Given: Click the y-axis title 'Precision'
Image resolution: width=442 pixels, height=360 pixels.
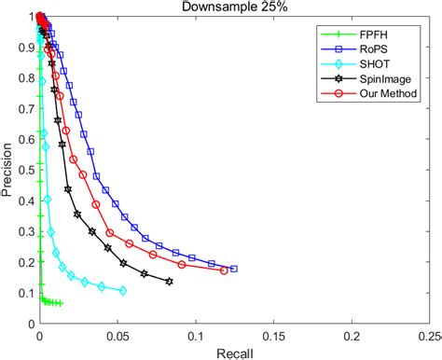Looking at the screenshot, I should tap(8, 170).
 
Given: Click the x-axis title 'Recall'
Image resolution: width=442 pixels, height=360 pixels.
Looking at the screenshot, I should tap(233, 353).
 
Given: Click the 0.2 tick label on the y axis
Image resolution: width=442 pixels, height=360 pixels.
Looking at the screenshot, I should tap(23, 263).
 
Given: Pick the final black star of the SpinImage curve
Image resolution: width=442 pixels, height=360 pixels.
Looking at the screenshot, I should tap(169, 282).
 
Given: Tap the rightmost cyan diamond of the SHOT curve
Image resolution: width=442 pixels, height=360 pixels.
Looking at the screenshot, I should tap(123, 291).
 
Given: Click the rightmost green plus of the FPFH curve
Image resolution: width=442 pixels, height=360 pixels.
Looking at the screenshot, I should tap(60, 303).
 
